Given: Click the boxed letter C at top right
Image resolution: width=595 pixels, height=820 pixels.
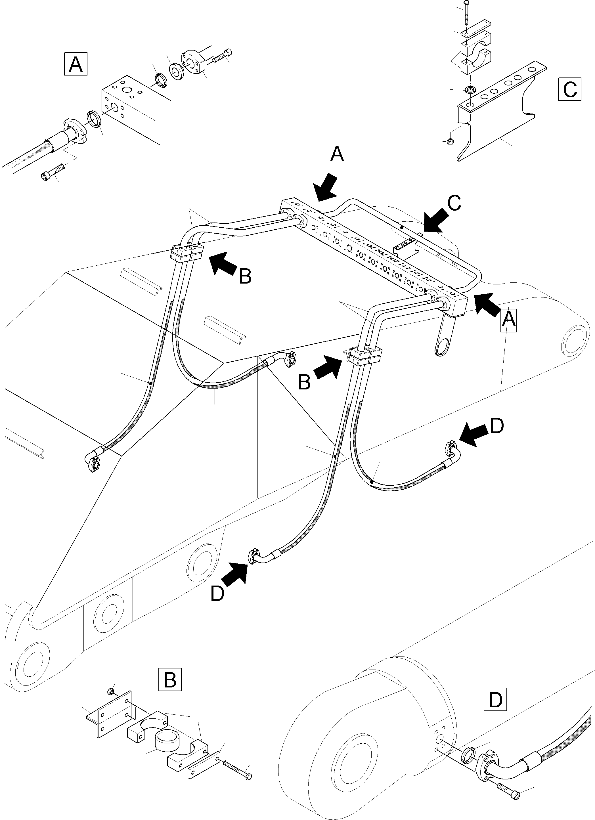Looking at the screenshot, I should (570, 89).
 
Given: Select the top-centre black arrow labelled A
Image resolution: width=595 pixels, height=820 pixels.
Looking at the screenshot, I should (326, 186).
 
